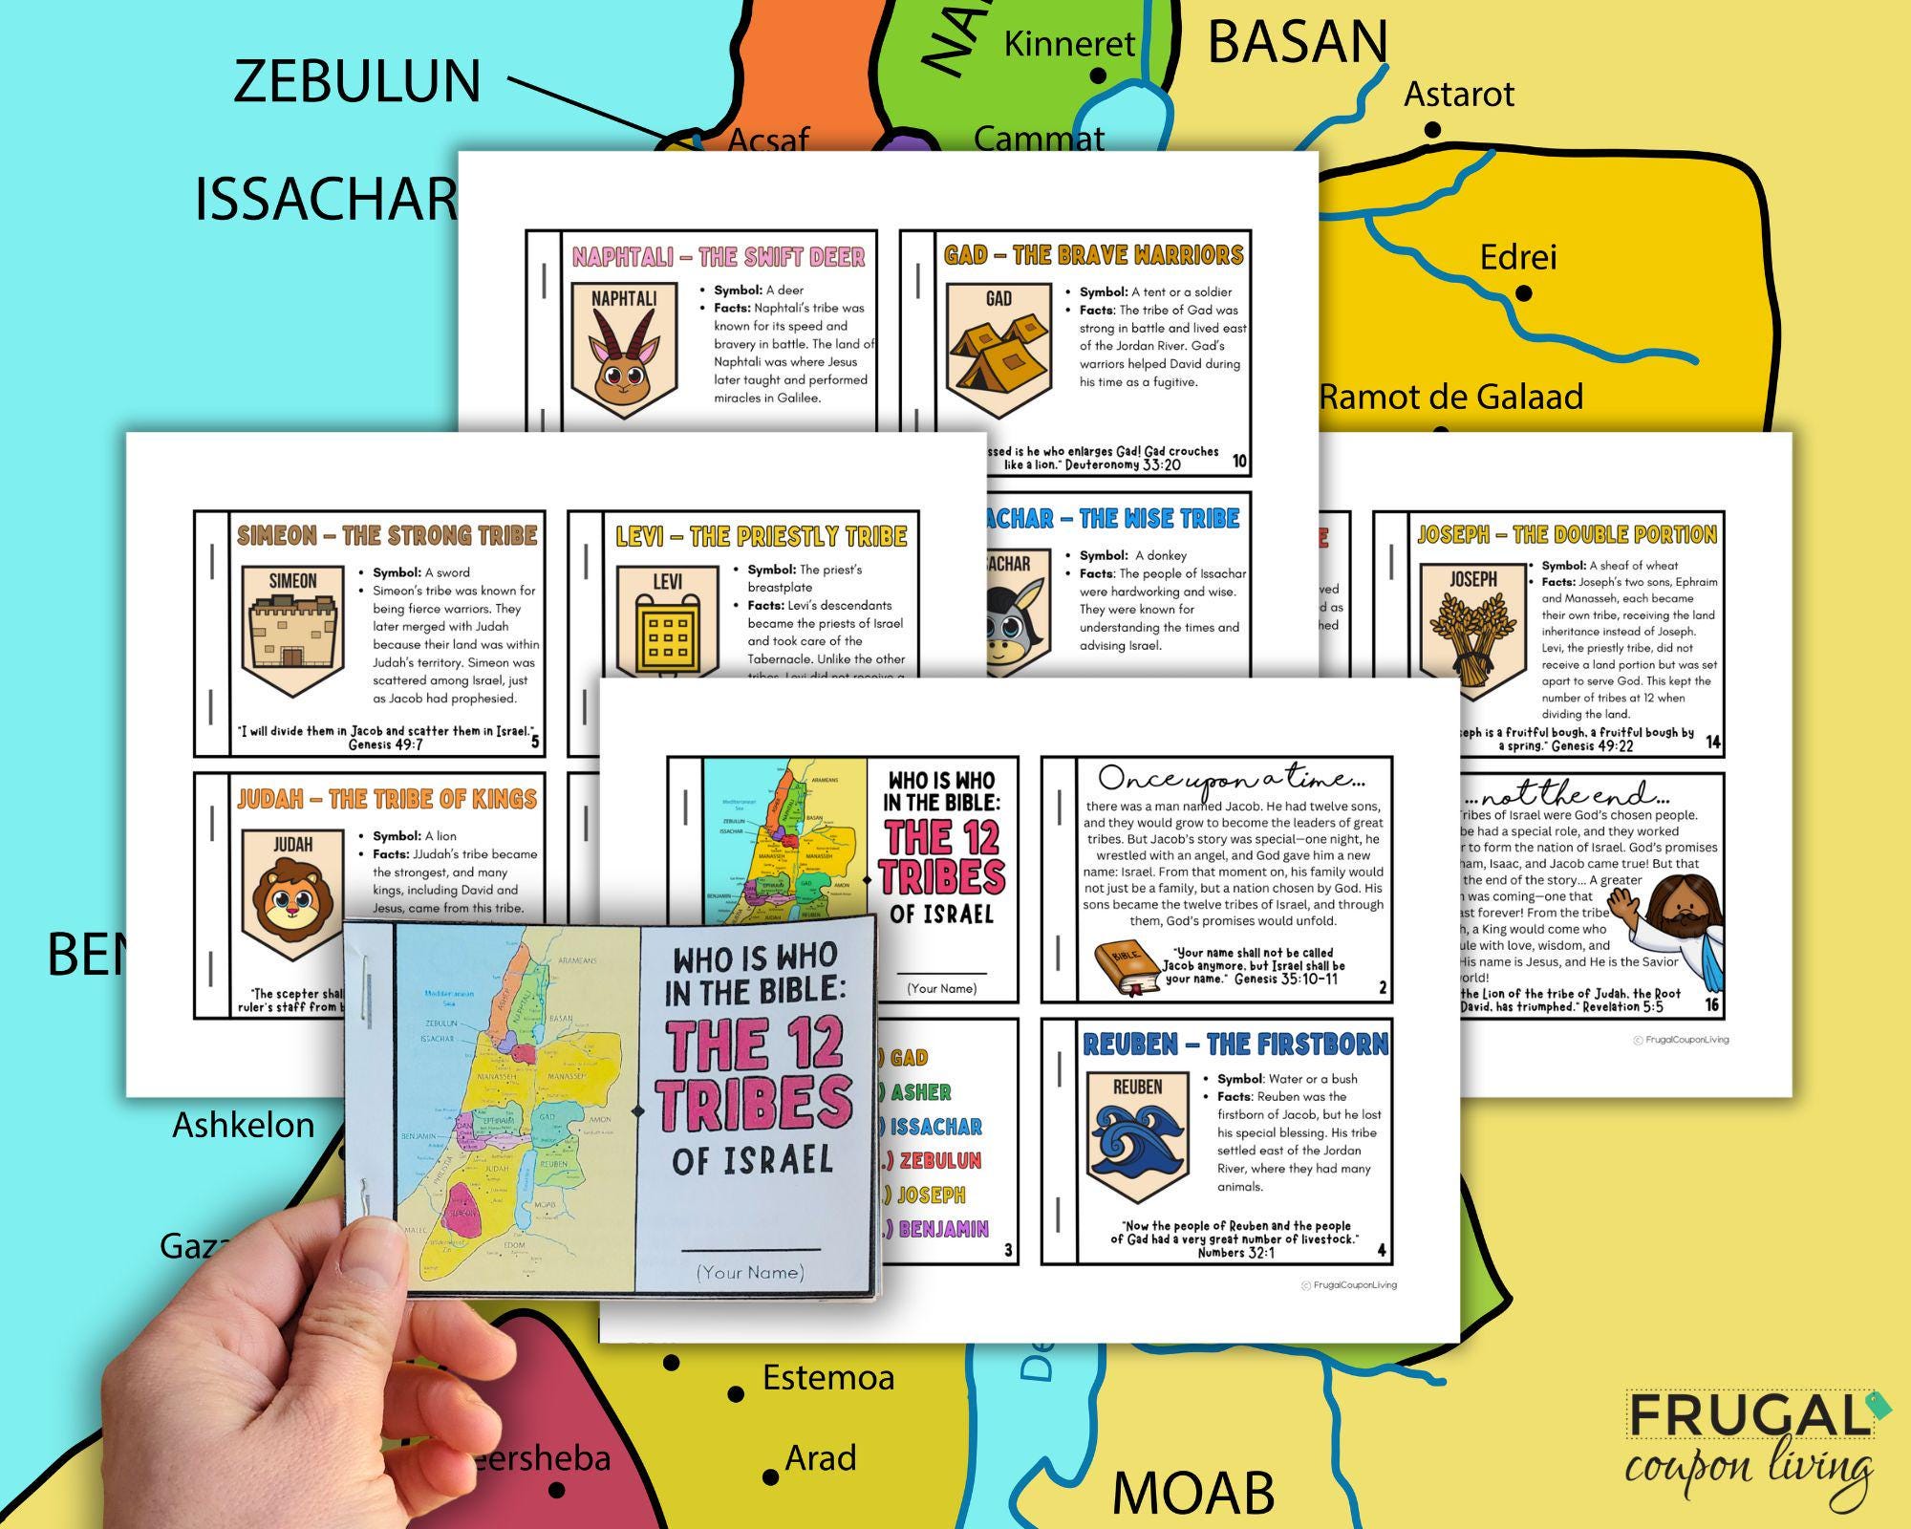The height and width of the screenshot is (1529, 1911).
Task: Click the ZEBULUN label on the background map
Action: click(356, 81)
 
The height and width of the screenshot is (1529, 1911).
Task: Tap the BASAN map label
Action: click(1297, 42)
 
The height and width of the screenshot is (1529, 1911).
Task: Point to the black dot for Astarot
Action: click(1431, 130)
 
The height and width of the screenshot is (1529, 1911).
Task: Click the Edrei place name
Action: click(1517, 257)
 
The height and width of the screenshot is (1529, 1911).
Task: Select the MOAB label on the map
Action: click(1192, 1492)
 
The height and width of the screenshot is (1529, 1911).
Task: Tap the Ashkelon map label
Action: click(243, 1125)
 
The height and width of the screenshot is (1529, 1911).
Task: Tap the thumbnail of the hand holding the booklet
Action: click(612, 1109)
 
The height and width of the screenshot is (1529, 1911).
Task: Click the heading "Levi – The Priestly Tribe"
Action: click(761, 536)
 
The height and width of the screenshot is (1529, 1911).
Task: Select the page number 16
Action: click(1711, 1004)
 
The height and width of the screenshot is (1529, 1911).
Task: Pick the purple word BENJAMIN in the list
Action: click(943, 1229)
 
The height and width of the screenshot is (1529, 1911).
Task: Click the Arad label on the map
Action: click(820, 1458)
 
